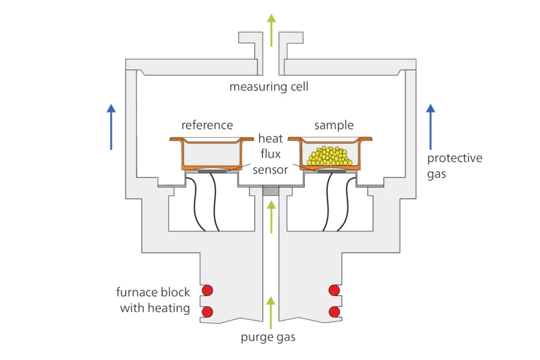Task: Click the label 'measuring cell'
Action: [x=269, y=87]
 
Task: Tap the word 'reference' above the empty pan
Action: [x=207, y=125]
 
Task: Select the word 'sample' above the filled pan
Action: [x=334, y=125]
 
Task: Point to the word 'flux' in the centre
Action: [x=270, y=154]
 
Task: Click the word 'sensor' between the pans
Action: [x=270, y=169]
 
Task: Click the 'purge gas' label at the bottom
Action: [x=270, y=337]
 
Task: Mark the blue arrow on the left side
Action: [x=111, y=127]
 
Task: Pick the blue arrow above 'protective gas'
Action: [x=431, y=127]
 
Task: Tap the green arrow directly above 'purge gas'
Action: [x=271, y=310]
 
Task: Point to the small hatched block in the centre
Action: [x=271, y=192]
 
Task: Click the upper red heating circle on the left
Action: [x=208, y=290]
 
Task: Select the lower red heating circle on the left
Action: [x=208, y=312]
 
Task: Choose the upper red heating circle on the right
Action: [x=334, y=290]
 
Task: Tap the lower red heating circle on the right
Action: [x=334, y=312]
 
